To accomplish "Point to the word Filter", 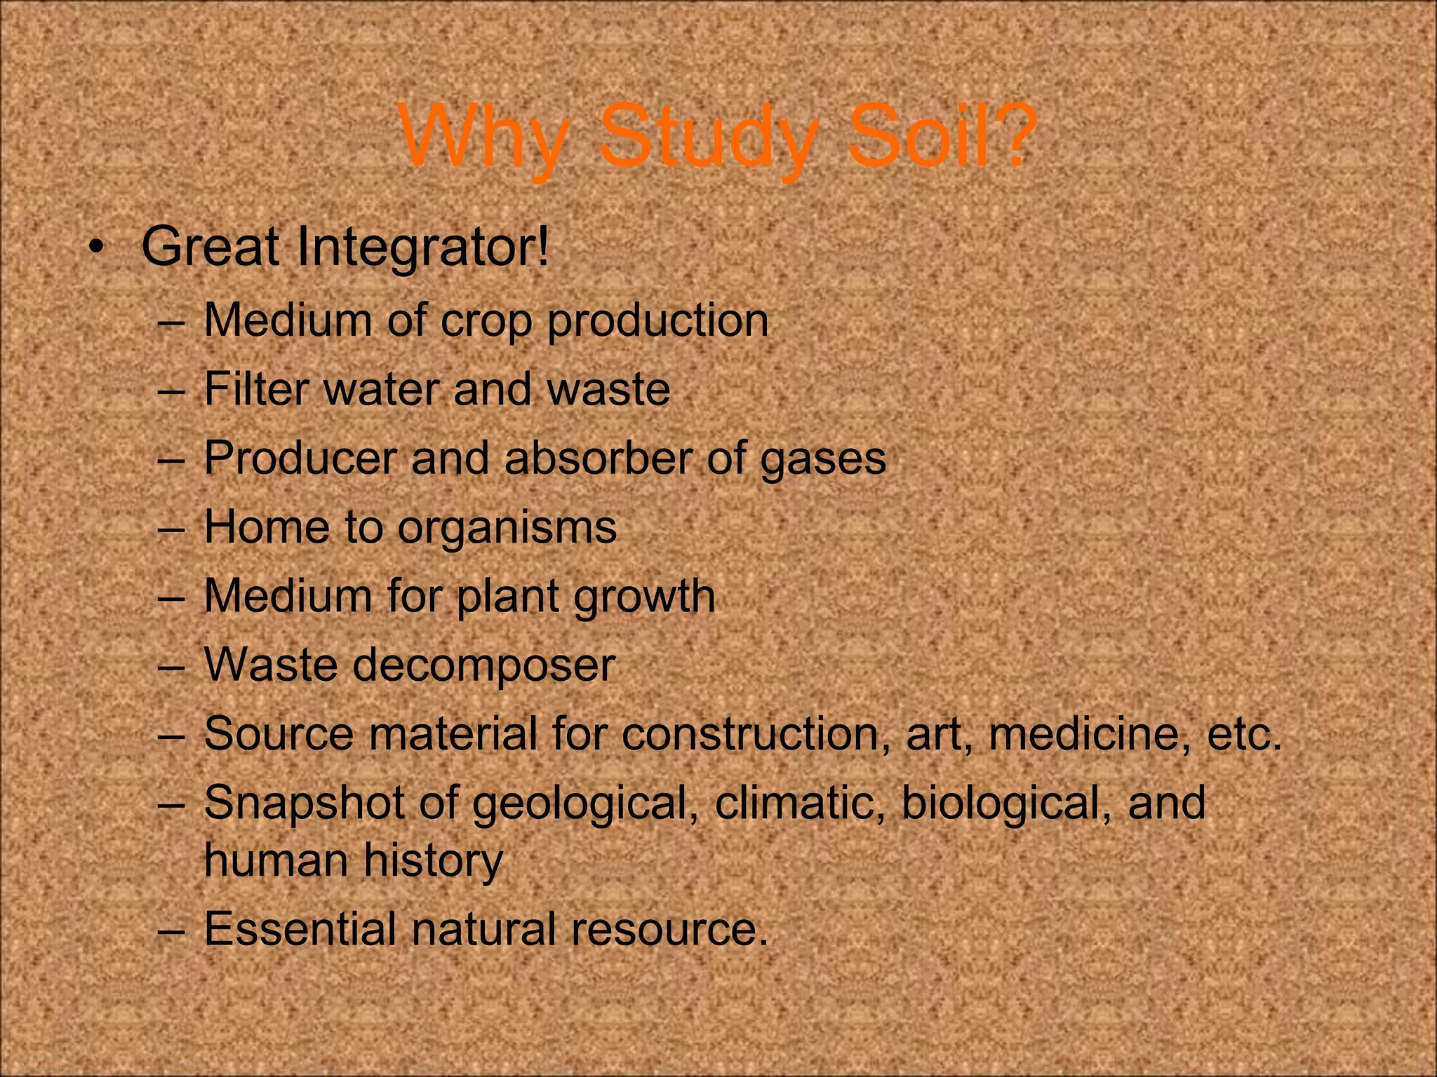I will pos(257,389).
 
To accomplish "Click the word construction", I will pos(751,733).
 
